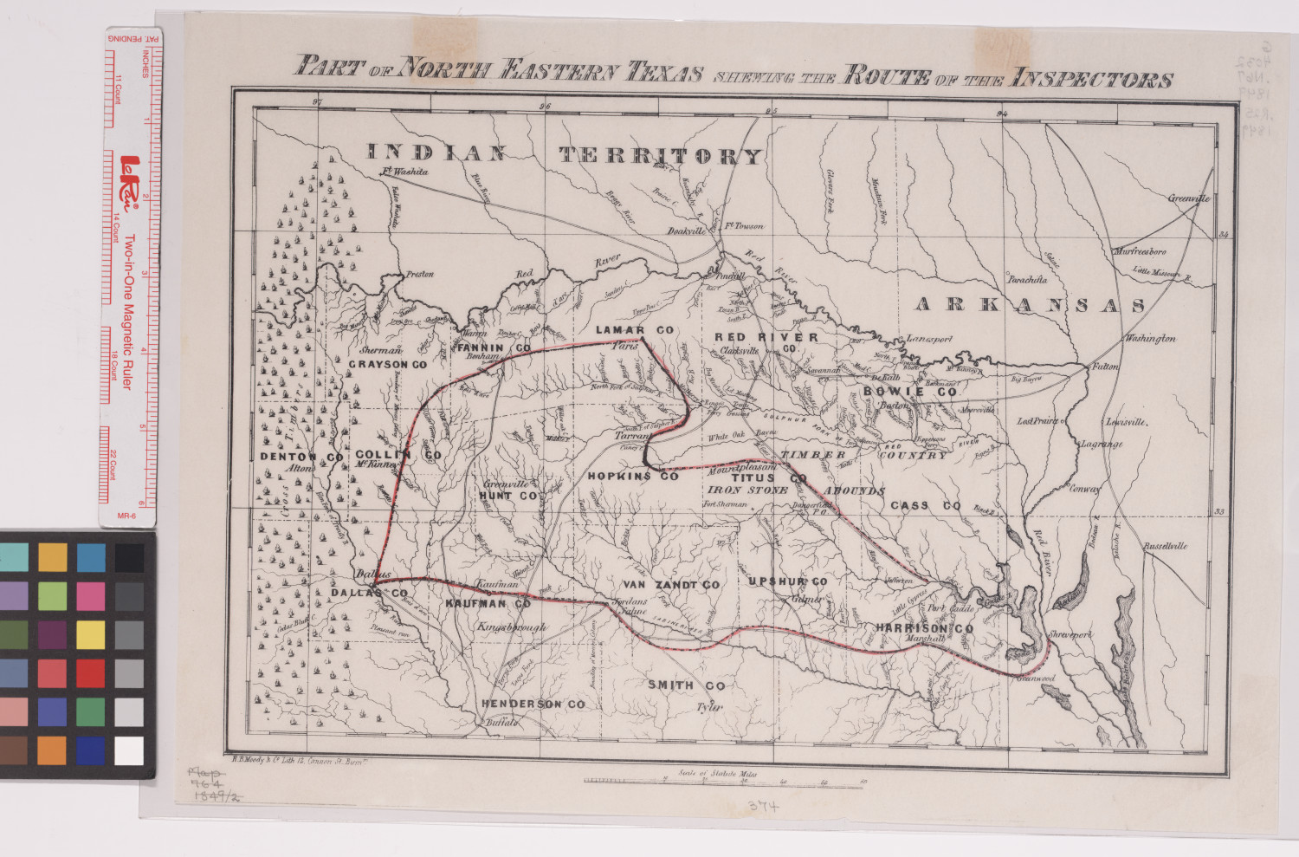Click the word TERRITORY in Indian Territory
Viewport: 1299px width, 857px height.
coord(660,156)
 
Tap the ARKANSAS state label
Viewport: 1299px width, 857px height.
coord(1031,305)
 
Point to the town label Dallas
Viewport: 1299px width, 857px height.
coord(374,575)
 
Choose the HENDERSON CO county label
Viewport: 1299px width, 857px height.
coord(533,704)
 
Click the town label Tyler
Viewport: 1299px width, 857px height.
coord(709,707)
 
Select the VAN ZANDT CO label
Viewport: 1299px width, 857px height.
coord(670,586)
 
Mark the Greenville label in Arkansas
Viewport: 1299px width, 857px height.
coord(1188,198)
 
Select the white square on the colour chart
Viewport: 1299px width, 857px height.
coord(129,750)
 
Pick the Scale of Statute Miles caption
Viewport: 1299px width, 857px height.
coord(718,769)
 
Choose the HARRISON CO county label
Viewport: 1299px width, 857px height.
coord(923,628)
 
